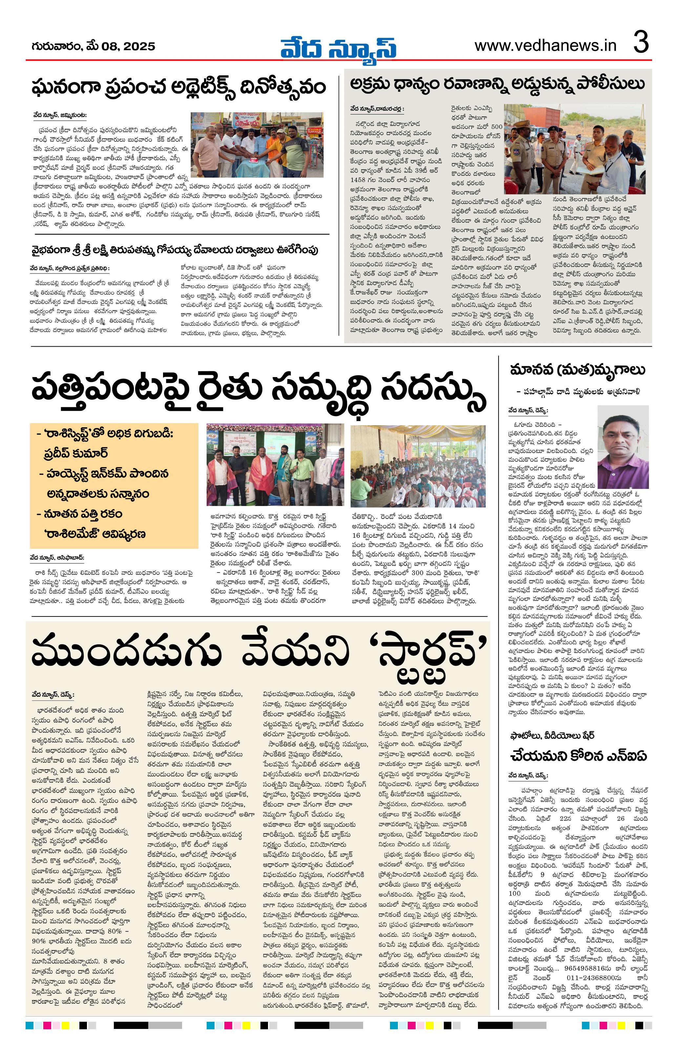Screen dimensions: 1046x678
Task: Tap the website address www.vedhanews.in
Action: (545, 46)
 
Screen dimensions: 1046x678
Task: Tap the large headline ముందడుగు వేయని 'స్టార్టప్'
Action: (259, 655)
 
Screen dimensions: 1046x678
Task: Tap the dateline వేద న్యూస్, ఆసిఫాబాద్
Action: (57, 558)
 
